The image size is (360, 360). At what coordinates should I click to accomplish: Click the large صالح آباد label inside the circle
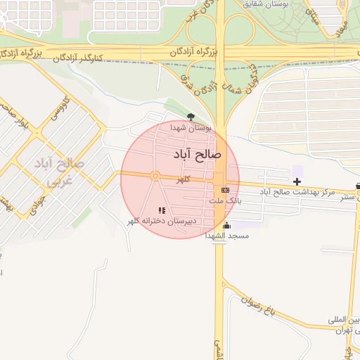[196, 152]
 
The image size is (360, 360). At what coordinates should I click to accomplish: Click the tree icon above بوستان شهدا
[191, 117]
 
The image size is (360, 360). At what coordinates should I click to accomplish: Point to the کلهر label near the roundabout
[184, 180]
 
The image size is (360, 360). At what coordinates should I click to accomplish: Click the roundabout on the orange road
[155, 176]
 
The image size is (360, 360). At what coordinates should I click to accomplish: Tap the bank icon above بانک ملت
[225, 190]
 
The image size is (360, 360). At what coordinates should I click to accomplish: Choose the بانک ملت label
[225, 200]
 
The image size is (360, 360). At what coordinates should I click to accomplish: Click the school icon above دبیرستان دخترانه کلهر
[162, 210]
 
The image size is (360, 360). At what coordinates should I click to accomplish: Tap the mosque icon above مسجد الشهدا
[226, 225]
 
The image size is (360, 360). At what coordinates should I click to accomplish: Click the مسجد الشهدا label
[226, 236]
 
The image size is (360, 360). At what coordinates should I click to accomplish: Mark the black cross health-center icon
[297, 181]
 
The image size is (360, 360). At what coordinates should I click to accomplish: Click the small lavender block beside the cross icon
[297, 171]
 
